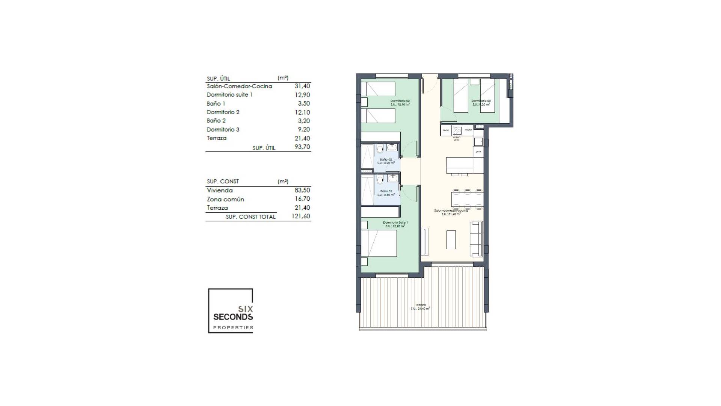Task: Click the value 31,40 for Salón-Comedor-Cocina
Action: click(302, 86)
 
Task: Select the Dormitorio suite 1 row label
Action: click(229, 95)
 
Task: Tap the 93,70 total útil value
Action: click(302, 147)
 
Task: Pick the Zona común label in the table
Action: click(225, 199)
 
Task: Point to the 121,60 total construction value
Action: click(300, 216)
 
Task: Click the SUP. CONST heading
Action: click(223, 182)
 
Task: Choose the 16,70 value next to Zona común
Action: click(302, 199)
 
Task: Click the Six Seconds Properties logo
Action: click(231, 311)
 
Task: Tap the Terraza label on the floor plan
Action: click(420, 305)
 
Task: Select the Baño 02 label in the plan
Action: click(386, 160)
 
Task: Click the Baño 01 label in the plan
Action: click(386, 191)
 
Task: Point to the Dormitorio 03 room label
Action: click(481, 101)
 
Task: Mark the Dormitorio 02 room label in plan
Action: click(400, 101)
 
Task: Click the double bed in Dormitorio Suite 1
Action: click(379, 243)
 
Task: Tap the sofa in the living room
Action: click(476, 239)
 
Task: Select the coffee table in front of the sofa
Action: click(451, 239)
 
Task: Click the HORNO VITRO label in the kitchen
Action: click(456, 139)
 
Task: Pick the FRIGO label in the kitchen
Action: click(445, 130)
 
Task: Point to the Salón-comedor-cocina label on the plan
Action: click(451, 211)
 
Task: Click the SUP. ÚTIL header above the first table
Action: click(218, 79)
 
